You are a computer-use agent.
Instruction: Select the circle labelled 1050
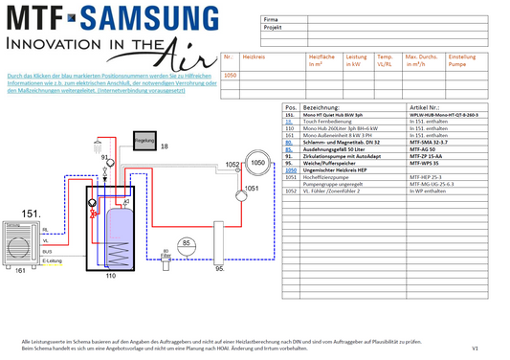(255, 164)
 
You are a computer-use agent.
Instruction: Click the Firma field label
(272, 19)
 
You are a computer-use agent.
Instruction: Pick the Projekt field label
(274, 28)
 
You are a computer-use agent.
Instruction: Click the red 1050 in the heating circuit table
(230, 75)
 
